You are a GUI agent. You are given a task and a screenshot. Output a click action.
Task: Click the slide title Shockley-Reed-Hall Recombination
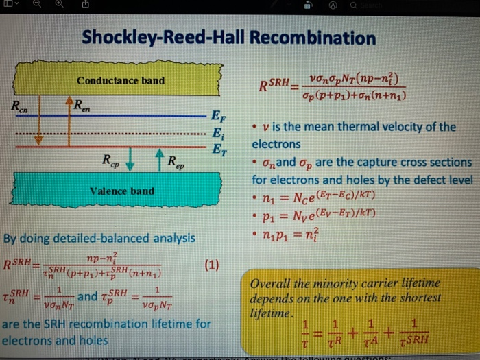tap(229, 38)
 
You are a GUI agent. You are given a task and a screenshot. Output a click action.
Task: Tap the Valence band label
tap(123, 191)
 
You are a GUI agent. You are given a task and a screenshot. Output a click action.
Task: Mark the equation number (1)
tap(211, 265)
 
